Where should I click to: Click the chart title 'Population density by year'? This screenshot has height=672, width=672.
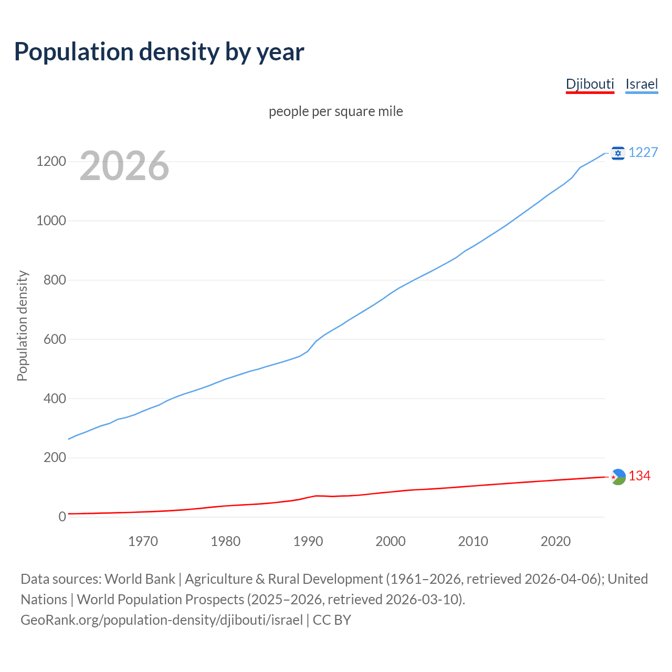click(159, 52)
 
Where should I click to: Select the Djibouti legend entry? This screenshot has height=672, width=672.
click(590, 84)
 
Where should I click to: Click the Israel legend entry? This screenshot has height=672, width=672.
click(642, 84)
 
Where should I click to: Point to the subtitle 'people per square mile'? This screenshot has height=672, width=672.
click(336, 111)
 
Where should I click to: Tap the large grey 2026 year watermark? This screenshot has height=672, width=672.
click(124, 166)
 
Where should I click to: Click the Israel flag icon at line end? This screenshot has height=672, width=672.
click(618, 153)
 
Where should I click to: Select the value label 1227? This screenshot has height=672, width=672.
click(643, 152)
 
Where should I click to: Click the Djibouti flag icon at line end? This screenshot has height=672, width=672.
click(618, 477)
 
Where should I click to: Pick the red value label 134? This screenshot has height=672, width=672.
click(639, 476)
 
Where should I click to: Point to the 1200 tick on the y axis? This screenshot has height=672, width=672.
click(51, 161)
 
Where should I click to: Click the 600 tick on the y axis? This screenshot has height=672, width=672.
click(55, 339)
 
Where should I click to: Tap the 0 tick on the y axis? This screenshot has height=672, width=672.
click(62, 517)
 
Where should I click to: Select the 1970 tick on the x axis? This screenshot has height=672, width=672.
click(143, 541)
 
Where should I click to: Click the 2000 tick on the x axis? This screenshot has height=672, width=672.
click(390, 541)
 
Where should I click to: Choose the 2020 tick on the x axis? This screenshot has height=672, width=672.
click(555, 541)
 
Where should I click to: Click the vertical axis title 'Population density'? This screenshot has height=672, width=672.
click(22, 325)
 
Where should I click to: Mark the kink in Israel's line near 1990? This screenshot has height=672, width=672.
click(308, 350)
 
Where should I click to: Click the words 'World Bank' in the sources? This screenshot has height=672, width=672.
click(140, 579)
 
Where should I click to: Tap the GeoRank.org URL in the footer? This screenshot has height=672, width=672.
click(162, 620)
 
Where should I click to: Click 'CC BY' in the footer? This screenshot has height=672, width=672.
click(332, 620)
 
